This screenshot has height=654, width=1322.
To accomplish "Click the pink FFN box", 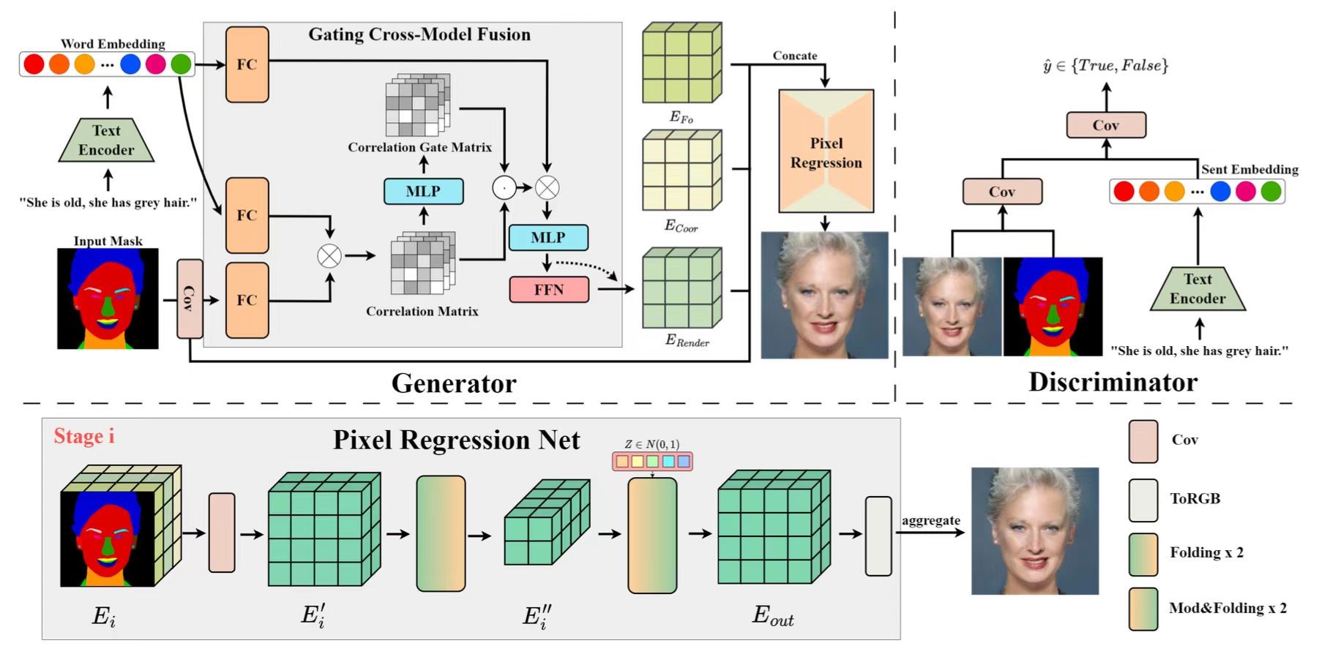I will (549, 290).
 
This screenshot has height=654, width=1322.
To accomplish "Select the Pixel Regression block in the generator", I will (826, 152).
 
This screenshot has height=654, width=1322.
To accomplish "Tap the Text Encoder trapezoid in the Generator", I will (106, 140).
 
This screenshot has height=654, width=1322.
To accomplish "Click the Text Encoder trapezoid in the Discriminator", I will (1198, 289).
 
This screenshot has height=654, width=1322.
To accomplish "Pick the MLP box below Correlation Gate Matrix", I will (423, 192).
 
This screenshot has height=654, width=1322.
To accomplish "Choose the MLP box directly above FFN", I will (548, 238).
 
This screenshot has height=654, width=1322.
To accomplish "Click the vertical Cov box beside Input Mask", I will (190, 298).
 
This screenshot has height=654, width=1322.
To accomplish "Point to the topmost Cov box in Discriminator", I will (1105, 125).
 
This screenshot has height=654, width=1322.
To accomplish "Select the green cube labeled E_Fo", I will (681, 64).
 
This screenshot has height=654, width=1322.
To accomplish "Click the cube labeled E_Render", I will (681, 289).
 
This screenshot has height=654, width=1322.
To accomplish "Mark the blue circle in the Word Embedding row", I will (130, 64).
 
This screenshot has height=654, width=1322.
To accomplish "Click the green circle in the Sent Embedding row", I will (1271, 192).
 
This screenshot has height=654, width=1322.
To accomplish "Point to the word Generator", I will (454, 383).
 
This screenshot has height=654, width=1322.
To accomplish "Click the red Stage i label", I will (84, 437).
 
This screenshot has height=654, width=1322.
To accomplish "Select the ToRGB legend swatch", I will (1143, 500).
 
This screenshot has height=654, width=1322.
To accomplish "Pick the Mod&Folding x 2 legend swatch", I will (1143, 609).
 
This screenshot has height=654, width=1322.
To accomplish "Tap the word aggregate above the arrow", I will (930, 520).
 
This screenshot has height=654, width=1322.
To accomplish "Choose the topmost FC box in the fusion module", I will (247, 64).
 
